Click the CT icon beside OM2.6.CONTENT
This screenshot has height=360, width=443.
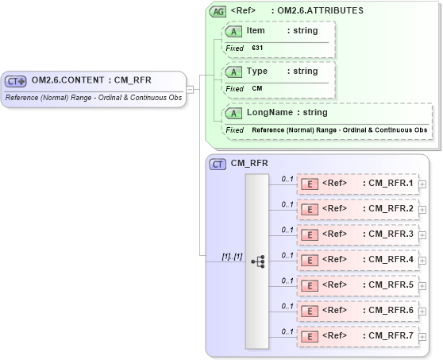16,80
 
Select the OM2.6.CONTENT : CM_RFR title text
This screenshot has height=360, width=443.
91,79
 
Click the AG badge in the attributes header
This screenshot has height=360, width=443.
217,12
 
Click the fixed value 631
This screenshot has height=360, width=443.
258,48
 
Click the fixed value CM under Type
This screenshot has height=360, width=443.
257,89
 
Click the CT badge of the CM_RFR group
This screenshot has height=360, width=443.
218,164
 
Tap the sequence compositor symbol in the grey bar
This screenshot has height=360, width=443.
257,259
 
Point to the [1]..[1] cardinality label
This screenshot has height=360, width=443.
232,256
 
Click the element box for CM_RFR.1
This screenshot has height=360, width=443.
356,184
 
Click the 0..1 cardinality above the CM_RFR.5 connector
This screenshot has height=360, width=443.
287,280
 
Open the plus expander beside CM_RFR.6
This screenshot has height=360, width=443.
422,311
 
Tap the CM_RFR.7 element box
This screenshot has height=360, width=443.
356,336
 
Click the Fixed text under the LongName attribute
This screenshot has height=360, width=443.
233,130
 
